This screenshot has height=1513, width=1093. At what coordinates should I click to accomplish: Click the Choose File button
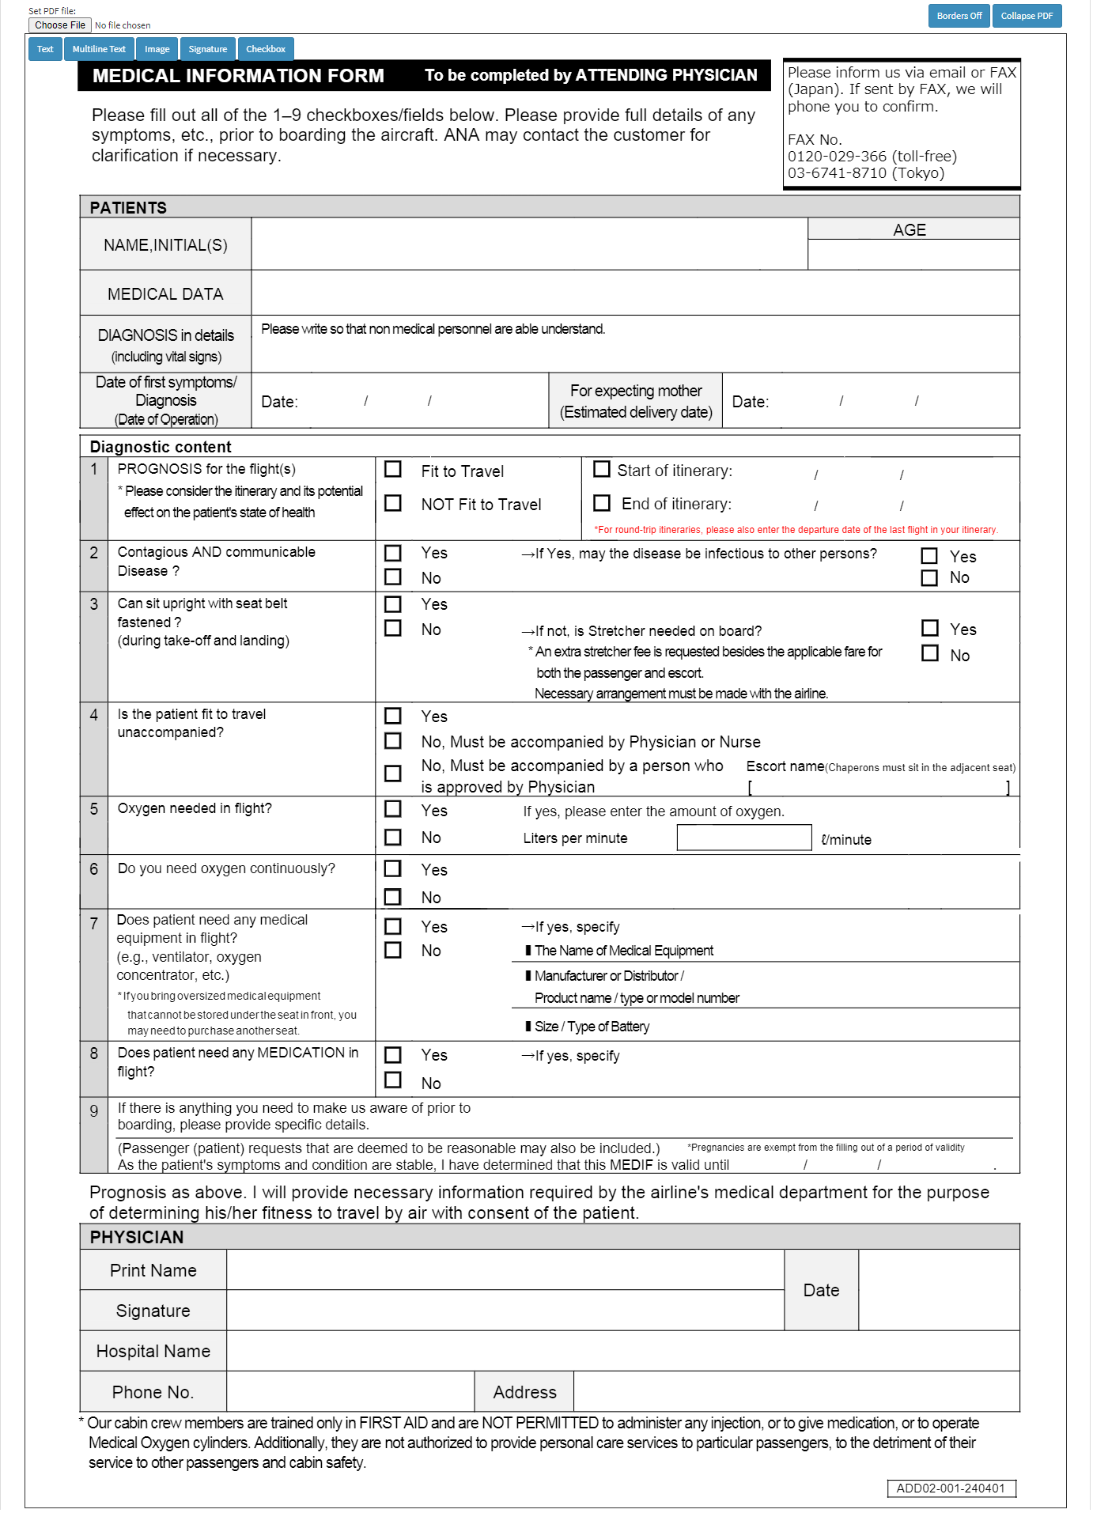point(60,25)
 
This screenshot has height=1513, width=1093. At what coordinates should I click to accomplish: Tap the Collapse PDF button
point(1026,16)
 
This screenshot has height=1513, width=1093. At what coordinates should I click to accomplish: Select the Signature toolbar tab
point(207,49)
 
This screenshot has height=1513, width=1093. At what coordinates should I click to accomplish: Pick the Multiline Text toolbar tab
point(99,49)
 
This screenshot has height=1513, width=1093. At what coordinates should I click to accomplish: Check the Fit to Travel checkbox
point(393,470)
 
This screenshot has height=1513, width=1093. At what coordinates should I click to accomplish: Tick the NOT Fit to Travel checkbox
point(393,503)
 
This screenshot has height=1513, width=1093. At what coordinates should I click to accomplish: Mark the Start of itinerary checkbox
point(602,470)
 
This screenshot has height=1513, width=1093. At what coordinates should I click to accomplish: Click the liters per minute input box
point(743,838)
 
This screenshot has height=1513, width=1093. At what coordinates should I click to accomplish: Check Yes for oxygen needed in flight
point(393,809)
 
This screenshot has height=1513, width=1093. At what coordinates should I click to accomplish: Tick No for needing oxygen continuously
point(393,897)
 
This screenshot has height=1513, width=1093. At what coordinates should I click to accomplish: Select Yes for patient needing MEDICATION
point(393,1055)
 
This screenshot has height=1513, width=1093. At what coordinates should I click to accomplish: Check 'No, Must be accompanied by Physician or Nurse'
point(393,741)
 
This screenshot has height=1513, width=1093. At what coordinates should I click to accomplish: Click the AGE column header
point(910,229)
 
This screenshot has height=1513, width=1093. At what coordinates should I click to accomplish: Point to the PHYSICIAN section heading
point(137,1237)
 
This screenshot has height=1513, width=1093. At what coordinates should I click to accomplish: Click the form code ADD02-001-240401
point(951,1488)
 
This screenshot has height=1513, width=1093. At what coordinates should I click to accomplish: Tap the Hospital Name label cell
point(153,1351)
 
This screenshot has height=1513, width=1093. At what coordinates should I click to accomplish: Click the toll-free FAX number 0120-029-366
point(837,156)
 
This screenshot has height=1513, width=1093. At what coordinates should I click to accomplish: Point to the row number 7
point(94,924)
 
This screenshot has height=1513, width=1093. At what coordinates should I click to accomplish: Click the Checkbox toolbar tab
point(265,49)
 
